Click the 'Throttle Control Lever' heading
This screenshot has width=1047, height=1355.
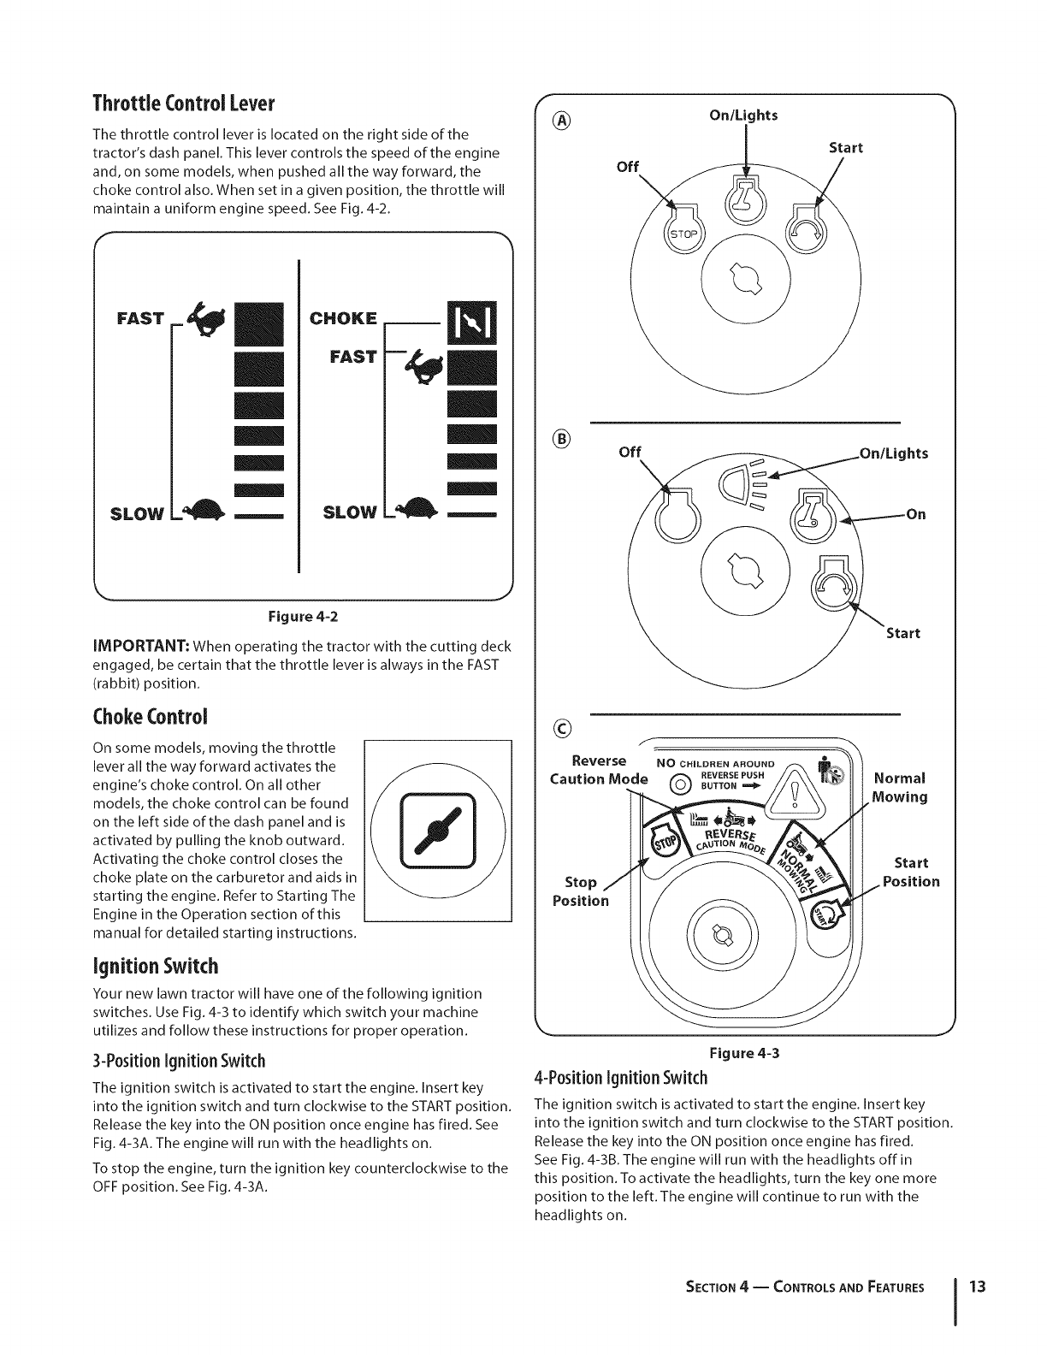182,104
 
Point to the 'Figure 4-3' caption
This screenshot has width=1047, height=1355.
742,1054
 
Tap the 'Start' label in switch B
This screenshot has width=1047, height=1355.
902,633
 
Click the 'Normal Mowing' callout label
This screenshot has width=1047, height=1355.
900,788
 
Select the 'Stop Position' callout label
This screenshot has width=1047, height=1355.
581,891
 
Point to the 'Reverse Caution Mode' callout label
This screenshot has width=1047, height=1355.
599,770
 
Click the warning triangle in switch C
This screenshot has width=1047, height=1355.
794,791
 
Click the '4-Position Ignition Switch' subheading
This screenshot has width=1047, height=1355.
621,1077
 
